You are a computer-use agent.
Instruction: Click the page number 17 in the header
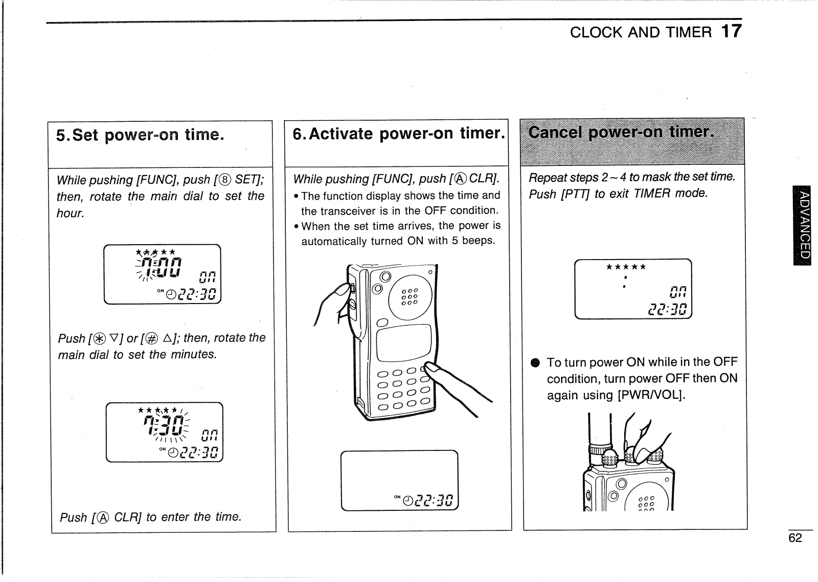(x=731, y=31)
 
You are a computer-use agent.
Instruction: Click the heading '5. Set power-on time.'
(x=140, y=135)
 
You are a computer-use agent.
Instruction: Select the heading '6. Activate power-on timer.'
(x=398, y=134)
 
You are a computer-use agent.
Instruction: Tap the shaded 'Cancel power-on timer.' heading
(x=620, y=133)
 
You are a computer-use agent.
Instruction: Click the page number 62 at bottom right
(x=795, y=538)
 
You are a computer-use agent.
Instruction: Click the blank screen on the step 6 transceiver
(x=404, y=343)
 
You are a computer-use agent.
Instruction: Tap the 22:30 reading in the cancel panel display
(x=668, y=309)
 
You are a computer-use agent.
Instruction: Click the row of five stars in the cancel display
(x=626, y=267)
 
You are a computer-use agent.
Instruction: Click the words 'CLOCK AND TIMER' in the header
(x=640, y=33)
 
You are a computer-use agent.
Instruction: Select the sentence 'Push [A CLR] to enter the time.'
(x=151, y=517)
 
